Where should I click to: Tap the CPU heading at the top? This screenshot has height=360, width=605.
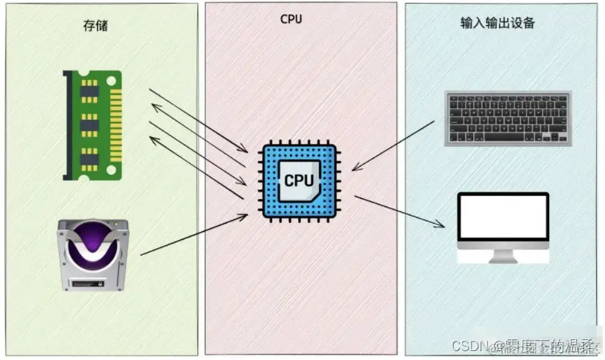[291, 19]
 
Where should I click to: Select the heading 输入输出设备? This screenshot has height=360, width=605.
[497, 23]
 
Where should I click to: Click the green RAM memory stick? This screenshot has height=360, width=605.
[92, 124]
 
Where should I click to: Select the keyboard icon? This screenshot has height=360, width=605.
[507, 118]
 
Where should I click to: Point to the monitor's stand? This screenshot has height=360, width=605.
[502, 256]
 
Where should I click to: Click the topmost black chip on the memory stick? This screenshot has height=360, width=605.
[89, 92]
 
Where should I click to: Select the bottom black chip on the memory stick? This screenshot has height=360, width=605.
[89, 158]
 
